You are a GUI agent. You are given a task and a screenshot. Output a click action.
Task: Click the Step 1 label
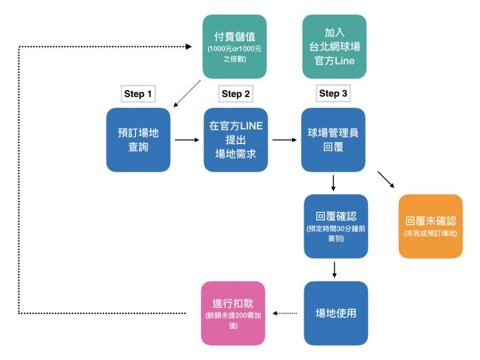[x=138, y=94]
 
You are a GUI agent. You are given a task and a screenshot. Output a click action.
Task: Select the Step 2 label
[x=236, y=94]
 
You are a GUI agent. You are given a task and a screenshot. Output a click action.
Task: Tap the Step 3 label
[x=333, y=93]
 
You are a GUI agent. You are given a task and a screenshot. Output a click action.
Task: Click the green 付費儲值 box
[x=235, y=46]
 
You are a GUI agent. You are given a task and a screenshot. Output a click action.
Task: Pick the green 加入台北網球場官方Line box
[x=334, y=46]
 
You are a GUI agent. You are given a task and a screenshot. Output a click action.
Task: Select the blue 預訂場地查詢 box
[x=138, y=140]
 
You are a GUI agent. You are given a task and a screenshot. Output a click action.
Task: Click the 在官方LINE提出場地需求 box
[x=236, y=140]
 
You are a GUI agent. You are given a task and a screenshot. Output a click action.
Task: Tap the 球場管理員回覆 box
[x=333, y=140]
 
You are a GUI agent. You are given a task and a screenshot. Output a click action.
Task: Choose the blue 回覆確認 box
[x=336, y=226]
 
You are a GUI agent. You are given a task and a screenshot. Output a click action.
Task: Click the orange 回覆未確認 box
[x=430, y=226]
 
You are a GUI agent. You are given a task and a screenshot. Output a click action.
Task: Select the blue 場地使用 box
[x=336, y=313]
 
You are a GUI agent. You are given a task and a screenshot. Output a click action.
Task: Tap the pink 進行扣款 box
[x=233, y=313]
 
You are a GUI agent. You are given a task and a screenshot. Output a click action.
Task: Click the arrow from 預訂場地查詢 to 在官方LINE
[x=186, y=140]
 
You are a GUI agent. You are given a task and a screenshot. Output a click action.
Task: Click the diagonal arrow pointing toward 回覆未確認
[x=386, y=180]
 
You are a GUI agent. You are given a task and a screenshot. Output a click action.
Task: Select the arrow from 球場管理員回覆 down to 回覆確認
[x=333, y=182]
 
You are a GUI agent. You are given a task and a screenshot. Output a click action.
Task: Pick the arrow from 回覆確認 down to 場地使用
[x=334, y=269]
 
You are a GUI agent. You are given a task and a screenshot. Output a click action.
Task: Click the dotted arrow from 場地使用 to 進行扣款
[x=284, y=314]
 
